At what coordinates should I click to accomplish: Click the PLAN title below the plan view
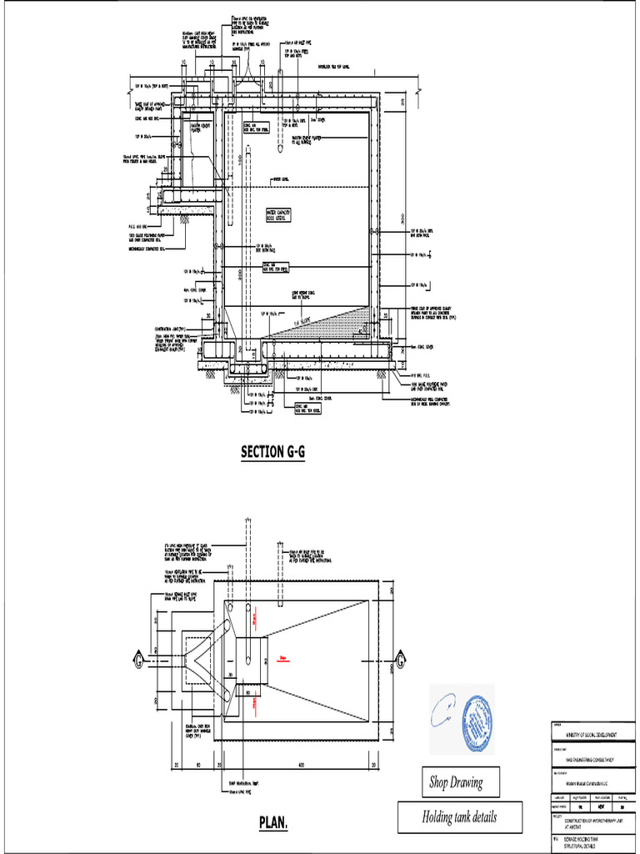pyautogui.click(x=273, y=824)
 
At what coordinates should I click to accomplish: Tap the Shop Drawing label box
pyautogui.click(x=455, y=782)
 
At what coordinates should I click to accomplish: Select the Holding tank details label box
pyautogui.click(x=460, y=816)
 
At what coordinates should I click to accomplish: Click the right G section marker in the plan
pyautogui.click(x=400, y=660)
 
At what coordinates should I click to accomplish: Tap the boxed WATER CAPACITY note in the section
pyautogui.click(x=282, y=217)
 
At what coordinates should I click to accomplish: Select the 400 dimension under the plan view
pyautogui.click(x=302, y=765)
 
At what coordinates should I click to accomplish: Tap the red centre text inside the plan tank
pyautogui.click(x=284, y=658)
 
